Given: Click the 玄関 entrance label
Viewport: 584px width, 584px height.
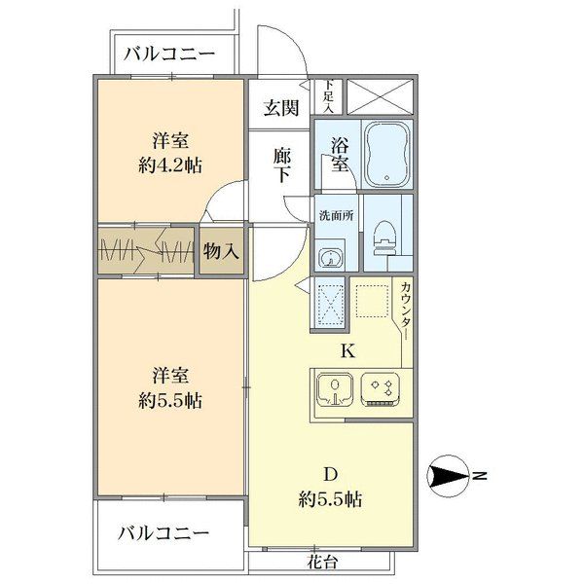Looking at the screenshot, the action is pos(281,108).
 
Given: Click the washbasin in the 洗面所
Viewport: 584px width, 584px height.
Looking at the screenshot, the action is pos(330,258).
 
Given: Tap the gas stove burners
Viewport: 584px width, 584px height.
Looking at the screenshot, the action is pos(381,389).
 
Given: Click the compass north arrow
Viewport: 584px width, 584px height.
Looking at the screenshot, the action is pos(449,476).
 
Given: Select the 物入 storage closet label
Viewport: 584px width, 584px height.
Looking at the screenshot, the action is pos(221,252).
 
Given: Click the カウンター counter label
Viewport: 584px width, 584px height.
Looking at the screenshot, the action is pos(406,310).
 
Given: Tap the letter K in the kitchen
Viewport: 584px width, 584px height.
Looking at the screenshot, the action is pos(347,350).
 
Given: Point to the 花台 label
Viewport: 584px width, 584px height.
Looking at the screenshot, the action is pos(322,562).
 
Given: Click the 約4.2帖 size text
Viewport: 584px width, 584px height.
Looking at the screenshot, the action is pos(170,165).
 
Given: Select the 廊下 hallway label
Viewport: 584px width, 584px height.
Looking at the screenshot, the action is pos(282,165).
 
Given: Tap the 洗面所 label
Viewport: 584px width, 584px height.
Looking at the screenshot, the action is pos(337,216).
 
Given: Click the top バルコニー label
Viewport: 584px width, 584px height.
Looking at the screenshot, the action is pos(169,54).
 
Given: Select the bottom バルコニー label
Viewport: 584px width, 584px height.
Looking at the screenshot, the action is pos(164,533).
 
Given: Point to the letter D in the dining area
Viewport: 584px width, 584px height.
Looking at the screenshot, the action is pos(330,475).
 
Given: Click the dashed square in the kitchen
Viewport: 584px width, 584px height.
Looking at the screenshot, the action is pos(372,301).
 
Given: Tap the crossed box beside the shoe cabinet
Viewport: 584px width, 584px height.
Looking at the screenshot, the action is pos(380,96).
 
